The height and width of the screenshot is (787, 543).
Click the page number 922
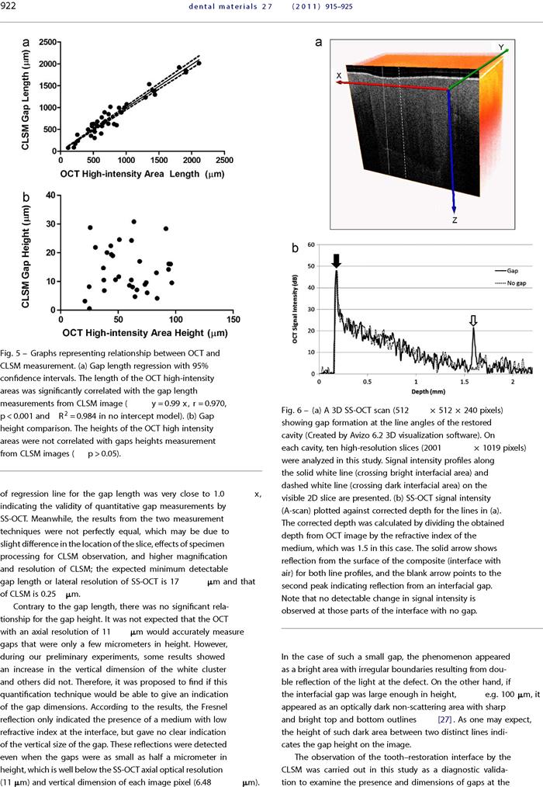click(8, 6)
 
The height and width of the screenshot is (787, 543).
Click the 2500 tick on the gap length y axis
click(47, 42)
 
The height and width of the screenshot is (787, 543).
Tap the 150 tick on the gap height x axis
click(233, 319)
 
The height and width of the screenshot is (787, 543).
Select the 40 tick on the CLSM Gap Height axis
click(50, 195)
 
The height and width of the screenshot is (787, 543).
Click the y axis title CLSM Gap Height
click(26, 256)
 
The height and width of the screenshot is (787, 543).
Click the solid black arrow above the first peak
click(336, 261)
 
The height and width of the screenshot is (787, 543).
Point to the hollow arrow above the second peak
click(472, 321)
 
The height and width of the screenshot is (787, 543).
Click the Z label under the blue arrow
click(454, 220)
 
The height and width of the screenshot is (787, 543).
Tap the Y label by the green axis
click(501, 47)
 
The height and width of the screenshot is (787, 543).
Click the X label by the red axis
click(339, 76)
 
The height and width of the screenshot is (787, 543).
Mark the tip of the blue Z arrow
click(454, 213)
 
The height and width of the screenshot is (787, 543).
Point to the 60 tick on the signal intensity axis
click(311, 245)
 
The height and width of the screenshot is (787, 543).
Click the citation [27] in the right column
click(445, 719)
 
